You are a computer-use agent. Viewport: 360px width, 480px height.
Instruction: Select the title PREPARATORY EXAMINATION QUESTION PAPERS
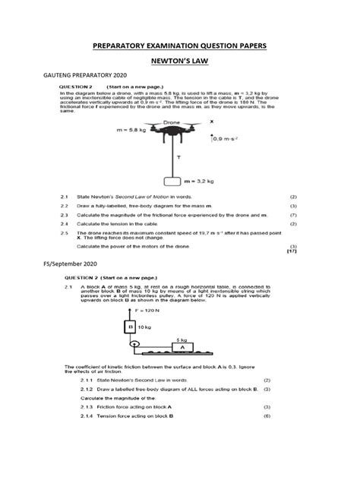point(179,46)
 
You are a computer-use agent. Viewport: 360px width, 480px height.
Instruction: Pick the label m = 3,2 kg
point(201,182)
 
